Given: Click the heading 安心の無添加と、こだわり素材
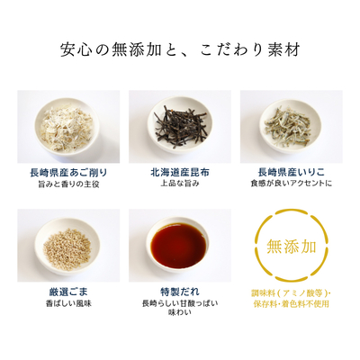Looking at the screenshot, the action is click(x=180, y=49).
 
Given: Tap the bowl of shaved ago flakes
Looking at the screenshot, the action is click(x=67, y=123).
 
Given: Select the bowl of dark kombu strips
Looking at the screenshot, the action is click(x=180, y=124).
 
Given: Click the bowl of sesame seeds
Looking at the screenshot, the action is click(x=67, y=246).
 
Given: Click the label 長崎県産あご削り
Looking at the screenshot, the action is click(x=68, y=173).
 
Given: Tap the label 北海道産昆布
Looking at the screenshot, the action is click(x=180, y=173).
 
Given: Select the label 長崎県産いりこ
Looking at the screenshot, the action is click(x=292, y=173).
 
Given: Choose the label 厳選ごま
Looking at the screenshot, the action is click(x=68, y=292).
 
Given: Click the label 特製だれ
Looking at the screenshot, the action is click(x=180, y=292).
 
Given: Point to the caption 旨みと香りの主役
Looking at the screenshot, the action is click(x=68, y=184).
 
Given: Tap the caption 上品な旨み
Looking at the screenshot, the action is click(x=180, y=184).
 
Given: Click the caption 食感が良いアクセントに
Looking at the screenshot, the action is click(x=292, y=184).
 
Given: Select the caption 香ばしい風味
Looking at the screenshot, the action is click(x=68, y=303).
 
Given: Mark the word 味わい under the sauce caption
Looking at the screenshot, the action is click(x=180, y=312).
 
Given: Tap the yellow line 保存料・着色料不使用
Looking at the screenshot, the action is click(x=292, y=303).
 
